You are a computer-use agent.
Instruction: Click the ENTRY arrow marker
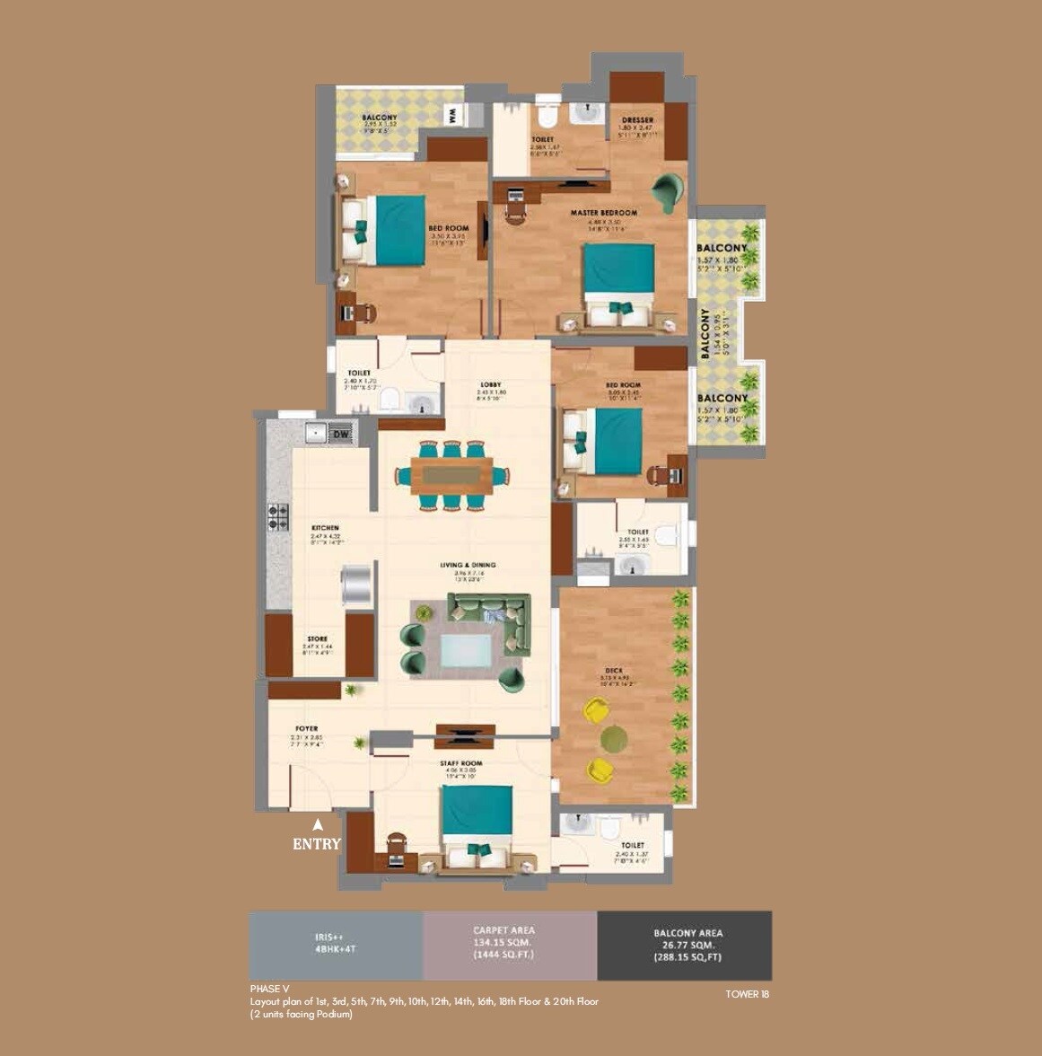[x=317, y=823]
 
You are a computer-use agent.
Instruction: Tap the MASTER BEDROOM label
[x=604, y=213]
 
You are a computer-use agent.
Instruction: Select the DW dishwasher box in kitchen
[x=341, y=434]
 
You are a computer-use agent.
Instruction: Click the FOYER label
[x=307, y=728]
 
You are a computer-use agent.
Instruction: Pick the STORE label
[x=317, y=639]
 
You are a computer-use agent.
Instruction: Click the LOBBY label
[x=490, y=385]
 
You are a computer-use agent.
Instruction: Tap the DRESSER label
[x=637, y=119]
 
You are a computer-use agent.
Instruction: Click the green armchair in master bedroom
[x=668, y=189]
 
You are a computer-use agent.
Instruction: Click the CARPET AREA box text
[x=503, y=942]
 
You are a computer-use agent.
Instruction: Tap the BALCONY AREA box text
[x=687, y=945]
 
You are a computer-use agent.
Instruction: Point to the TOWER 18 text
[x=747, y=994]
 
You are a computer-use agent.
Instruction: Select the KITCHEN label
[x=325, y=528]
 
